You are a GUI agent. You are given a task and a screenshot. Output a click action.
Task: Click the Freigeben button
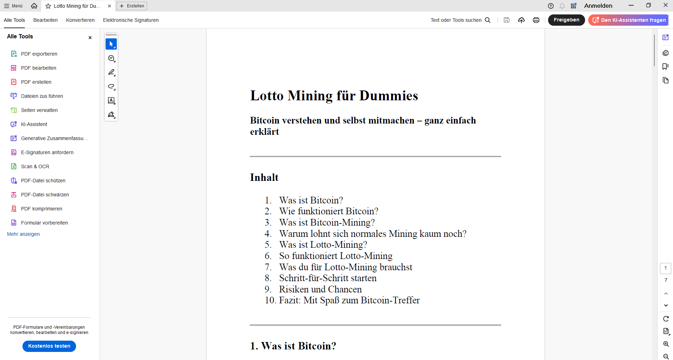pyautogui.click(x=566, y=20)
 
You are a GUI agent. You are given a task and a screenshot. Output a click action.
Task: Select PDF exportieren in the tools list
pyautogui.click(x=39, y=54)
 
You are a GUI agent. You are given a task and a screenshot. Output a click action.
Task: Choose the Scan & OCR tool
pyautogui.click(x=35, y=166)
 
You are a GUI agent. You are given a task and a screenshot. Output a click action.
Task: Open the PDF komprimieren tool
pyautogui.click(x=41, y=209)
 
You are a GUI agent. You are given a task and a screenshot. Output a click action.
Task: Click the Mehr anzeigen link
pyautogui.click(x=23, y=234)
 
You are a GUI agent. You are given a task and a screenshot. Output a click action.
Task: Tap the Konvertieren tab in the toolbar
pyautogui.click(x=80, y=20)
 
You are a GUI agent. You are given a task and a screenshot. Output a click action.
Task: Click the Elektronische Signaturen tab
pyautogui.click(x=131, y=20)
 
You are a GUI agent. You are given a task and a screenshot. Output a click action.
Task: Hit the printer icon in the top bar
pyautogui.click(x=536, y=20)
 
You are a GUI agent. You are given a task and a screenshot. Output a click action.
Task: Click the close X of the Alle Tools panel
pyautogui.click(x=90, y=38)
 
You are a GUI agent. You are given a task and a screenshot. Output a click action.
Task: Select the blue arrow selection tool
pyautogui.click(x=111, y=44)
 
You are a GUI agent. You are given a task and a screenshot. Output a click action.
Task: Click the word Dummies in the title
pyautogui.click(x=388, y=96)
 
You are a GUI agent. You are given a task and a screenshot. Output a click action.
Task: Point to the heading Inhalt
pyautogui.click(x=264, y=177)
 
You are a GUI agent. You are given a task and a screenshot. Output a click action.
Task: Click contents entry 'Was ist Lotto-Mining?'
pyautogui.click(x=323, y=245)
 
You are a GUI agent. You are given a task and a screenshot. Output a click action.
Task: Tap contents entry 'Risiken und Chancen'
pyautogui.click(x=320, y=289)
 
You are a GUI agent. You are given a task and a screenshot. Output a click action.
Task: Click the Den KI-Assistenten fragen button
pyautogui.click(x=628, y=20)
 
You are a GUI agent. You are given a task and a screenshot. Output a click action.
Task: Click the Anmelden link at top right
pyautogui.click(x=598, y=6)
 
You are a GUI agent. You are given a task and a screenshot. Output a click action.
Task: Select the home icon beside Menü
pyautogui.click(x=34, y=6)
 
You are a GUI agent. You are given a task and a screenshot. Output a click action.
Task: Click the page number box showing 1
pyautogui.click(x=665, y=268)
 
